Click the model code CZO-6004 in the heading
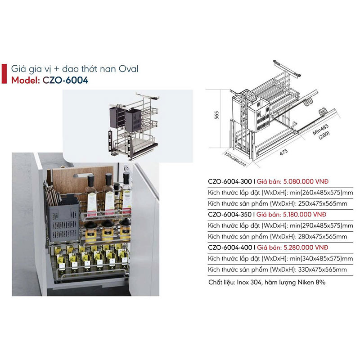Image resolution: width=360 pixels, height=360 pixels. [65, 81]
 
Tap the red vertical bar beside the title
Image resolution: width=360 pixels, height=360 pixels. [4, 74]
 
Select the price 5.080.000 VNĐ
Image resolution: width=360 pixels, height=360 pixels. [306, 182]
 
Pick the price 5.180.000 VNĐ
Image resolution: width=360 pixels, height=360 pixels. [305, 215]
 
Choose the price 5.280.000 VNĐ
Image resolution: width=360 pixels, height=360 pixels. [306, 247]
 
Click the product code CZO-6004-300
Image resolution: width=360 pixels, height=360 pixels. [230, 182]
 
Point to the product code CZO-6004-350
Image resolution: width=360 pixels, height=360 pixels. [229, 215]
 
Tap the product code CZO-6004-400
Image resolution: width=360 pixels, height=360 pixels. [230, 247]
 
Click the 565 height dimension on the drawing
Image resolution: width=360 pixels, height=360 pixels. [216, 115]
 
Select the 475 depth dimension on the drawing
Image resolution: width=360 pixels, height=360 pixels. [283, 152]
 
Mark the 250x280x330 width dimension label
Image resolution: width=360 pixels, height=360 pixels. [235, 159]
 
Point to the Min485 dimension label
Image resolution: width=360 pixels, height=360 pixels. [320, 130]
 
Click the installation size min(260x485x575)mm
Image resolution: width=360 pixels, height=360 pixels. [321, 193]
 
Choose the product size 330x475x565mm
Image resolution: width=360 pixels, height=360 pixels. [323, 270]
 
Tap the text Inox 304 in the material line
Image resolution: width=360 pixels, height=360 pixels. [249, 282]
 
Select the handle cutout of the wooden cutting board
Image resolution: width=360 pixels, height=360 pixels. [81, 175]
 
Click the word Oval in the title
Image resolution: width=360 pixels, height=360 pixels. [129, 69]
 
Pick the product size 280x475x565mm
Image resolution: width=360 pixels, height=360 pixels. [323, 237]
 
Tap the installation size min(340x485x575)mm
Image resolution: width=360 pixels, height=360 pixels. [321, 258]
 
